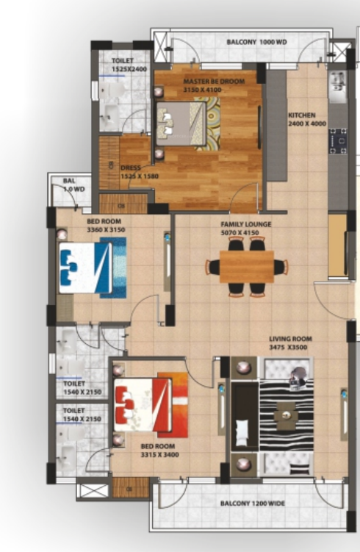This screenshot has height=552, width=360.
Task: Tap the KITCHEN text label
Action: click(x=301, y=115)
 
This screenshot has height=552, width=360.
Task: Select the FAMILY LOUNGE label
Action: click(x=246, y=224)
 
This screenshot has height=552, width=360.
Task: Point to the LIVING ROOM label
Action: click(x=290, y=339)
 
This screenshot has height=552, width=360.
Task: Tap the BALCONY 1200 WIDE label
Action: click(x=253, y=503)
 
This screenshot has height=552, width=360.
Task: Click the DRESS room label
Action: click(x=130, y=168)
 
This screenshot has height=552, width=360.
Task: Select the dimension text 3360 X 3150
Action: click(x=107, y=230)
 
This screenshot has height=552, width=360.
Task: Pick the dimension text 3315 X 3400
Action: click(x=160, y=454)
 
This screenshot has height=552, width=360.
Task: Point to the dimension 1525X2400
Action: click(x=130, y=69)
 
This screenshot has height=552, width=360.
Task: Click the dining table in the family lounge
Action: click(x=247, y=267)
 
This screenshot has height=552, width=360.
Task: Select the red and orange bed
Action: click(x=151, y=404)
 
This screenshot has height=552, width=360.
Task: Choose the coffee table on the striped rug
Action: click(x=284, y=417)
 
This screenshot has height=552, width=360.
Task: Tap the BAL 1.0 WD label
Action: click(x=69, y=184)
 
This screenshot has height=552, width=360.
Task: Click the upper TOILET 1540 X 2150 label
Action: click(x=74, y=387)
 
